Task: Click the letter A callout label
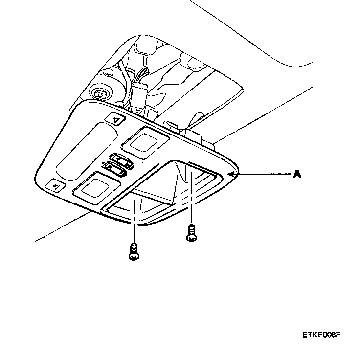point(297,174)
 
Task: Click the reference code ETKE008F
point(320,335)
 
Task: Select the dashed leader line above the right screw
point(191,196)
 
